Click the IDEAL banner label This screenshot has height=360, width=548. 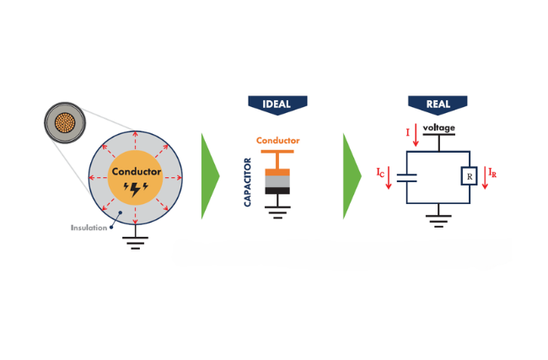click(277, 104)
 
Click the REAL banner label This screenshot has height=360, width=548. click(438, 104)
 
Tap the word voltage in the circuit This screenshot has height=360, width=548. click(439, 127)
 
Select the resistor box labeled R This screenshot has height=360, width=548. click(470, 176)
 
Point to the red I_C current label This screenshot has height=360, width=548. click(380, 173)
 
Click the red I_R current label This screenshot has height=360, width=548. click(492, 173)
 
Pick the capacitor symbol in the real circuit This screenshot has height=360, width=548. click(407, 178)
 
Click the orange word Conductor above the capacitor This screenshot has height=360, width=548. click(278, 141)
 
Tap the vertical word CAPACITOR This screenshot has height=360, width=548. click(247, 182)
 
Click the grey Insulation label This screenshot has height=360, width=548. click(89, 228)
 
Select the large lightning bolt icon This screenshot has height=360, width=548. click(136, 190)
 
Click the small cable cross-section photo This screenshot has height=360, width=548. click(65, 123)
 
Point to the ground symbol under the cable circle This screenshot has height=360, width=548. click(135, 243)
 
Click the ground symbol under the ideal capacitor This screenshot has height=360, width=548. click(277, 212)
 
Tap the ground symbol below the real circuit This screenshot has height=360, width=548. click(438, 221)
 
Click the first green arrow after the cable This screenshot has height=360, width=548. click(209, 176)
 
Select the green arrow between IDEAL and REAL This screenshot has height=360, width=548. click(351, 176)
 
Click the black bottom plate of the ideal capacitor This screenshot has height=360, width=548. click(277, 191)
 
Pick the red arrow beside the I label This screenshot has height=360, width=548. click(416, 135)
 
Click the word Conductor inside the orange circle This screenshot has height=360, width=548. click(137, 172)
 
